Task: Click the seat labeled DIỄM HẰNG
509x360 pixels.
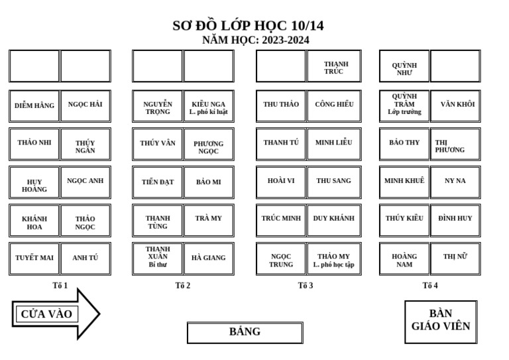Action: pyautogui.click(x=34, y=105)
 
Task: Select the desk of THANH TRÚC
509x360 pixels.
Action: pyautogui.click(x=333, y=67)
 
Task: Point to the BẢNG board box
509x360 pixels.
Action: pyautogui.click(x=245, y=332)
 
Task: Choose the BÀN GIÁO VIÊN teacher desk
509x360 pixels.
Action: pyautogui.click(x=441, y=322)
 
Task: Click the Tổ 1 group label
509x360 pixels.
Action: pyautogui.click(x=60, y=286)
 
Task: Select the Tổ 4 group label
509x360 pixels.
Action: pyautogui.click(x=430, y=286)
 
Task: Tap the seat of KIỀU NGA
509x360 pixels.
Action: pyautogui.click(x=209, y=106)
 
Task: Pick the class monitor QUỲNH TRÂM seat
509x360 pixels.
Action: pyautogui.click(x=404, y=105)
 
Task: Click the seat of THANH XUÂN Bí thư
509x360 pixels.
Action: pyautogui.click(x=158, y=258)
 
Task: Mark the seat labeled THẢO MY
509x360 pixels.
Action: pyautogui.click(x=333, y=259)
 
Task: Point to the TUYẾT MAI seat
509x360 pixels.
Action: pyautogui.click(x=34, y=258)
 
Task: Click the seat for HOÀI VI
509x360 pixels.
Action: pyautogui.click(x=281, y=181)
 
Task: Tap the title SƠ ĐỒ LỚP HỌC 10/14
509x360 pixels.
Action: pyautogui.click(x=248, y=26)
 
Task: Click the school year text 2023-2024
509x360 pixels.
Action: pyautogui.click(x=285, y=40)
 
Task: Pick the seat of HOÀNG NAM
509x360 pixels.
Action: pyautogui.click(x=404, y=259)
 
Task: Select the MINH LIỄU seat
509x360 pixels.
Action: pyautogui.click(x=333, y=143)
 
